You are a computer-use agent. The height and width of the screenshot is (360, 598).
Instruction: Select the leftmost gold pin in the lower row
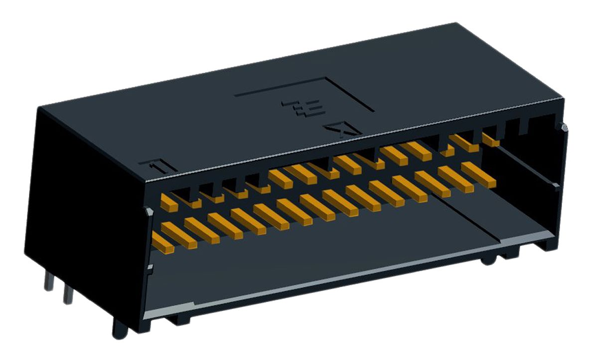pyautogui.click(x=162, y=244)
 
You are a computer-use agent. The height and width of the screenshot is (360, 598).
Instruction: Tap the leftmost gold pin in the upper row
pyautogui.click(x=169, y=203)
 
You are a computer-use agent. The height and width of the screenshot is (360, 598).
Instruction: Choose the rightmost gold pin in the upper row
pyautogui.click(x=490, y=139)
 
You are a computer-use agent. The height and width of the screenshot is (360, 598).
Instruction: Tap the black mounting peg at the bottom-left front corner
pyautogui.click(x=120, y=329)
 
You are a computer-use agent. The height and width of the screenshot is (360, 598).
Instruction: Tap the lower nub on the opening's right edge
pyautogui.click(x=556, y=186)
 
